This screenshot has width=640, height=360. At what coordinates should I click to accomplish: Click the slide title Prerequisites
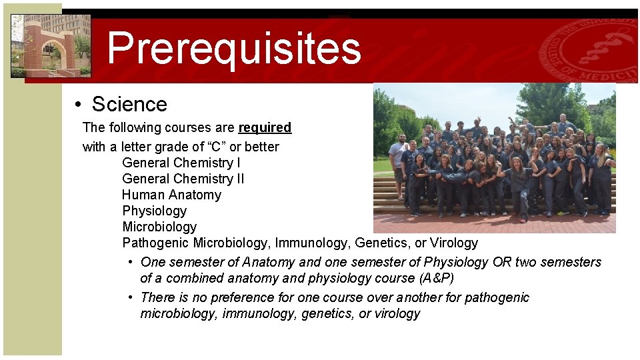click(x=233, y=48)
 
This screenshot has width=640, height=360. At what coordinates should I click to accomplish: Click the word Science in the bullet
click(x=129, y=105)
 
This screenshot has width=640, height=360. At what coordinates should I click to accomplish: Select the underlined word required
click(x=265, y=127)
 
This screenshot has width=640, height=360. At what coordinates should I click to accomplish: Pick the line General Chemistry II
click(x=183, y=179)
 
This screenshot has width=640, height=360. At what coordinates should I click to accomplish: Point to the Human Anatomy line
click(x=171, y=195)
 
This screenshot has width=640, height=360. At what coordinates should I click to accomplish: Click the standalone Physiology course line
click(x=155, y=211)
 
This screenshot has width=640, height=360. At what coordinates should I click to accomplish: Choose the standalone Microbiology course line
click(x=159, y=227)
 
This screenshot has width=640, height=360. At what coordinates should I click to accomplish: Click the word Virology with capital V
click(x=454, y=243)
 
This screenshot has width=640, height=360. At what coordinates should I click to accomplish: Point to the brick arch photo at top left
click(x=51, y=45)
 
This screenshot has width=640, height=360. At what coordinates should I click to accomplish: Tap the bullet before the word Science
click(x=78, y=105)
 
